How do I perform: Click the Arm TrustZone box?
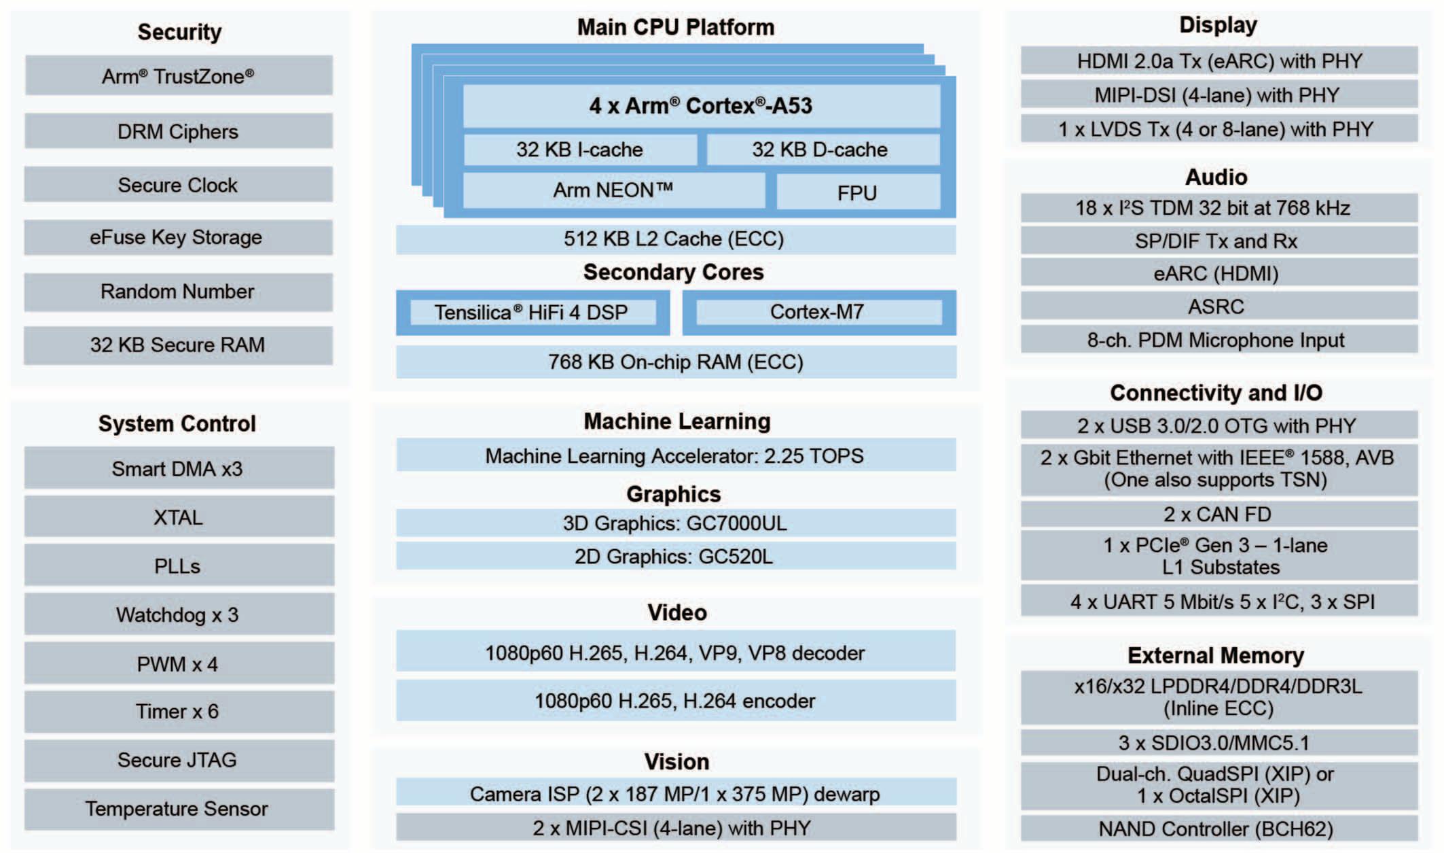pos(178,75)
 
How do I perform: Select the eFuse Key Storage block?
pos(178,237)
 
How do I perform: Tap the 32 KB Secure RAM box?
pos(178,345)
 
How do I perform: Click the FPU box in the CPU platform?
pos(858,192)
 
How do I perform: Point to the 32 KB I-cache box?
pos(579,150)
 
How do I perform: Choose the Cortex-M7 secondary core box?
pos(818,312)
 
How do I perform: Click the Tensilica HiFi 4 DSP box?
pos(532,312)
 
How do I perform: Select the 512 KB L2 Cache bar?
pos(674,239)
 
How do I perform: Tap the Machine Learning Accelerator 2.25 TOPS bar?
pos(674,455)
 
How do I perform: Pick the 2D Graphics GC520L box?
pos(674,556)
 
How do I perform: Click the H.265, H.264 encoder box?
pos(674,701)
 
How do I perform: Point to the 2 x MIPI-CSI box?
pos(674,828)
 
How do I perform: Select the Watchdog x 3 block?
pos(178,614)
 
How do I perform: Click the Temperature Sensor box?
pos(178,809)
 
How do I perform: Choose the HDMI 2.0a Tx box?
pos(1219,61)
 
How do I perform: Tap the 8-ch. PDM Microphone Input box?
pos(1219,340)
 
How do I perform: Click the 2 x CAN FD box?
pos(1219,515)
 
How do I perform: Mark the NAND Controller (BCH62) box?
pos(1219,829)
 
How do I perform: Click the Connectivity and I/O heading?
pos(1216,393)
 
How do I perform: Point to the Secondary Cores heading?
pos(673,272)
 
